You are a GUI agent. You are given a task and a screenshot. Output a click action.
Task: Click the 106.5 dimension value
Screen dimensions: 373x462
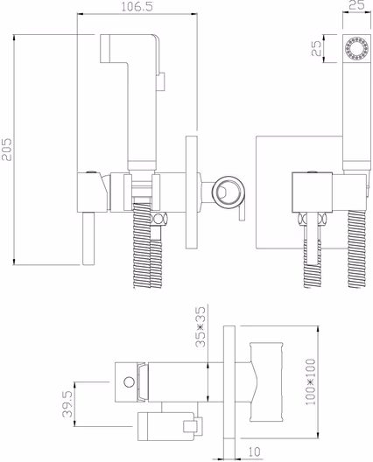[x=137, y=7]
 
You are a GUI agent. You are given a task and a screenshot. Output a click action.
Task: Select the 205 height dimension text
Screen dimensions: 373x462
[x=7, y=150]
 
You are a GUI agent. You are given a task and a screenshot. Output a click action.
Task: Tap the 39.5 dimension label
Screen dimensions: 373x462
[x=67, y=404]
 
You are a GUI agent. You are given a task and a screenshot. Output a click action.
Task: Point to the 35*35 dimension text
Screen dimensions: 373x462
[x=201, y=326]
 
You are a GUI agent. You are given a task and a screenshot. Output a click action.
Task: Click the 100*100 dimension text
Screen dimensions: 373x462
[x=310, y=381]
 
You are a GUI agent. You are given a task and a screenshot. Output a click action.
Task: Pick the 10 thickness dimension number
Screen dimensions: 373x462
[x=254, y=451]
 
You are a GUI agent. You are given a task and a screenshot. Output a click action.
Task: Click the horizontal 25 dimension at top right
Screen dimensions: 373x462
[x=356, y=5]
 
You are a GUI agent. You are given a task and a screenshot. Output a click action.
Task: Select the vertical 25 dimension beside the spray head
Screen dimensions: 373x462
[x=316, y=48]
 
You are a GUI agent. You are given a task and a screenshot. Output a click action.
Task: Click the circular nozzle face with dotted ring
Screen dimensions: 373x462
[x=356, y=48]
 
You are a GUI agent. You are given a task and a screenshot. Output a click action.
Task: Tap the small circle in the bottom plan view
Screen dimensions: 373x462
[x=129, y=382]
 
